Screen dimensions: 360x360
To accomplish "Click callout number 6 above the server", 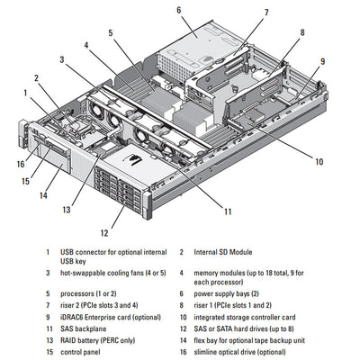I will point(178,10).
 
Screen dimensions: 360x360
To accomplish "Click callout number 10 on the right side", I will point(319,162).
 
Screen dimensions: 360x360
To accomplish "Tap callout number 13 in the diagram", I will point(66,210).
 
